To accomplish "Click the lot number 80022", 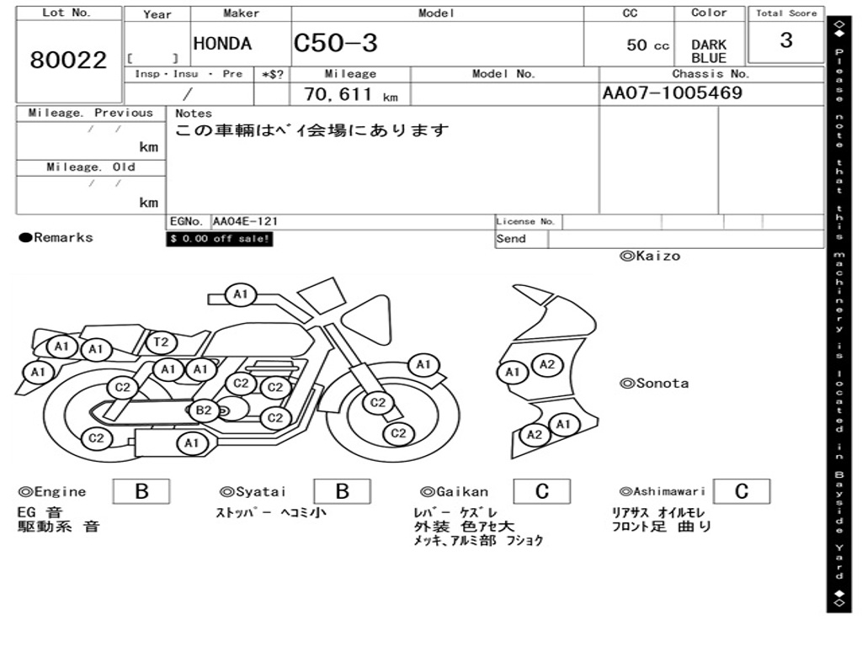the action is pos(69,61).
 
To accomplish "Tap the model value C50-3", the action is pos(336,44).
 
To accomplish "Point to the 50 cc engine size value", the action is pos(647,45).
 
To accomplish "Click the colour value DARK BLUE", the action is pos(709,51).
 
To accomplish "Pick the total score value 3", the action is pos(785,40).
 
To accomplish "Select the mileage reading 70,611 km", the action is pos(350,95).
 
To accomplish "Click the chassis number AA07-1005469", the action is pos(673,93).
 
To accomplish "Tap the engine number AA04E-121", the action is pos(246,222).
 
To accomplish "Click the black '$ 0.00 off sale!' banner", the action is pos(220,239).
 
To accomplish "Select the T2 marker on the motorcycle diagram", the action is pos(162,342).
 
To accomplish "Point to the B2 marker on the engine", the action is pos(203,410).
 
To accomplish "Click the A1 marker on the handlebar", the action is pos(241,294).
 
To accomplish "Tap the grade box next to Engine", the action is pos(141,491).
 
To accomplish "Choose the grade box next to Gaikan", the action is pos(542,491).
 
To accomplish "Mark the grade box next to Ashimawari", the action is pos(741,491).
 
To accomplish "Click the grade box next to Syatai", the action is pos(342,491).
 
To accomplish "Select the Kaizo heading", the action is pos(650,256).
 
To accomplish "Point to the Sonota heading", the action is pos(654,384).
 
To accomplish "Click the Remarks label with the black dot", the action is pos(56,238).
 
